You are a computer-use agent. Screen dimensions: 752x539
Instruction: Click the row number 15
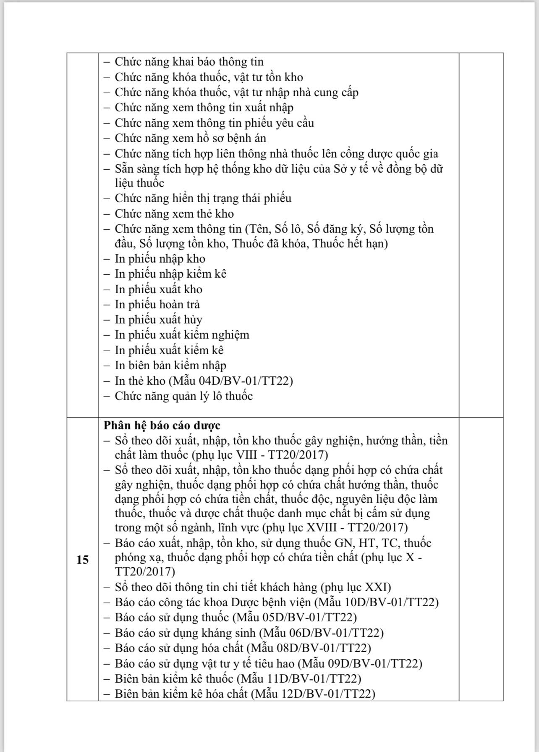(x=83, y=560)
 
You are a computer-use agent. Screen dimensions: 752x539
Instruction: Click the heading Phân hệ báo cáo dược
(x=162, y=425)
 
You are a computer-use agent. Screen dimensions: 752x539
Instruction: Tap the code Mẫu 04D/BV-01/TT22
(x=231, y=381)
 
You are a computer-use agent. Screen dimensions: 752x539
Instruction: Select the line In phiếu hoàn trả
(x=157, y=304)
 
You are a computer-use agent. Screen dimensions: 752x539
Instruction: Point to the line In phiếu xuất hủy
(x=159, y=320)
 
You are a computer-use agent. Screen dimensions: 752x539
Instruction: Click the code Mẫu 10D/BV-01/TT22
(x=377, y=602)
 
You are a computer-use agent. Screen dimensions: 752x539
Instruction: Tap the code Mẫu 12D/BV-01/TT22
(x=313, y=694)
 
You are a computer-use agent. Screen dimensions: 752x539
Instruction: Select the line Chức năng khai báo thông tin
(x=189, y=62)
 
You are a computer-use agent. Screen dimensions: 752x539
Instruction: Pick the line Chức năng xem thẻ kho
(x=174, y=214)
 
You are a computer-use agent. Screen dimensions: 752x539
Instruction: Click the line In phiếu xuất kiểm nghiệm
(x=182, y=335)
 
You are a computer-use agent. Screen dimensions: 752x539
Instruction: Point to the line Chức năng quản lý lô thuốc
(x=184, y=396)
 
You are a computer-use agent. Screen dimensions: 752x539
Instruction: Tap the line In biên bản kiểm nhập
(x=170, y=365)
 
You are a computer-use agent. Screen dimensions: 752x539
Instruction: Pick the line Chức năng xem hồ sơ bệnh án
(x=191, y=138)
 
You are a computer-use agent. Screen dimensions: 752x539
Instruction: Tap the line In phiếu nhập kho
(x=160, y=259)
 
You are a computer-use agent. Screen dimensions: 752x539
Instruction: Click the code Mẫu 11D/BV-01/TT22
(x=299, y=678)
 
